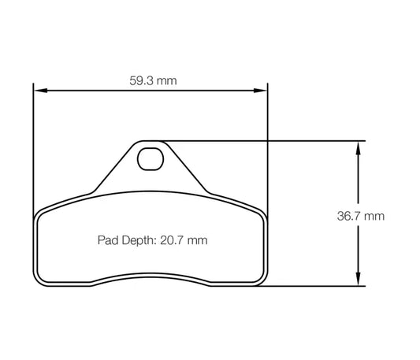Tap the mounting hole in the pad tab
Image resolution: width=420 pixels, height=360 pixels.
coord(148,160)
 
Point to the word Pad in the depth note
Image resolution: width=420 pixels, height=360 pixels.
coord(107,240)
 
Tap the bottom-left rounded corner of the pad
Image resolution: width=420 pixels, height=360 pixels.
coord(41,281)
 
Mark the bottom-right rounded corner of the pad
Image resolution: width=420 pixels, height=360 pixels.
coord(259,281)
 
